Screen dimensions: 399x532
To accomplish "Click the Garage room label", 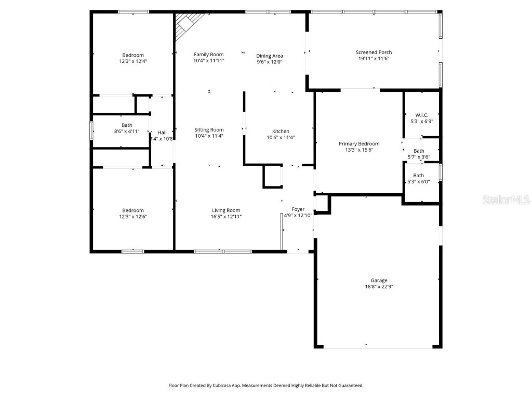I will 379,281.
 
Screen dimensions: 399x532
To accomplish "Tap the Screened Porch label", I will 374,52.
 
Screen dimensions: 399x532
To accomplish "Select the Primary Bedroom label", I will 359,143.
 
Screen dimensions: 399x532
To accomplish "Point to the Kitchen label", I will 281,131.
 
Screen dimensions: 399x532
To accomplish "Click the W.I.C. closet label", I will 421,115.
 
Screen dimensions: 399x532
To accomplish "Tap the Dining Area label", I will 269,56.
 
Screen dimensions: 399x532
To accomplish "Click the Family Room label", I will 209,55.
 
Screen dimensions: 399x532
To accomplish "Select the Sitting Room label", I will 209,130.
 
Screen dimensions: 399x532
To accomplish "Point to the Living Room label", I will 226,210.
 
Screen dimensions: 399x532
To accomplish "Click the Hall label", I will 162,132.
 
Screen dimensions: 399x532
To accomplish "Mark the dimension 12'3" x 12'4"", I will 133,61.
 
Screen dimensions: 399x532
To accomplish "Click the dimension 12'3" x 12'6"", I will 133,217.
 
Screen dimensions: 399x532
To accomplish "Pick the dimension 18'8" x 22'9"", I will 379,287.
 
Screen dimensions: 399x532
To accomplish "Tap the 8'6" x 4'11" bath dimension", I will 127,131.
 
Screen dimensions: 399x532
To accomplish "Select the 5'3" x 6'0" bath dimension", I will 418,182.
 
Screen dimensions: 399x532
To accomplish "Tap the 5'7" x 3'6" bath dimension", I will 418,157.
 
